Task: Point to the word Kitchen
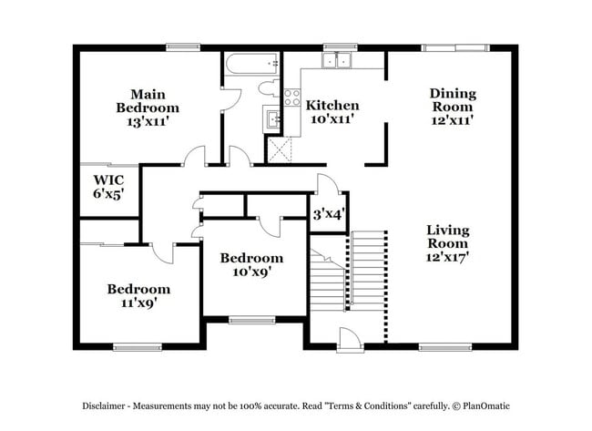[x=332, y=105]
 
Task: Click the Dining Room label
[x=453, y=99]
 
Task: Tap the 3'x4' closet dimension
[x=327, y=216]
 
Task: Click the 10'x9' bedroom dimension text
[x=250, y=271]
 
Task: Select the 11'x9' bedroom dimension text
[x=138, y=303]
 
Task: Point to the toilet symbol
[x=270, y=88]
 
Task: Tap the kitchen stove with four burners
[x=292, y=97]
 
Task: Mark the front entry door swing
[x=347, y=341]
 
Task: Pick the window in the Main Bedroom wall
[x=183, y=46]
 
